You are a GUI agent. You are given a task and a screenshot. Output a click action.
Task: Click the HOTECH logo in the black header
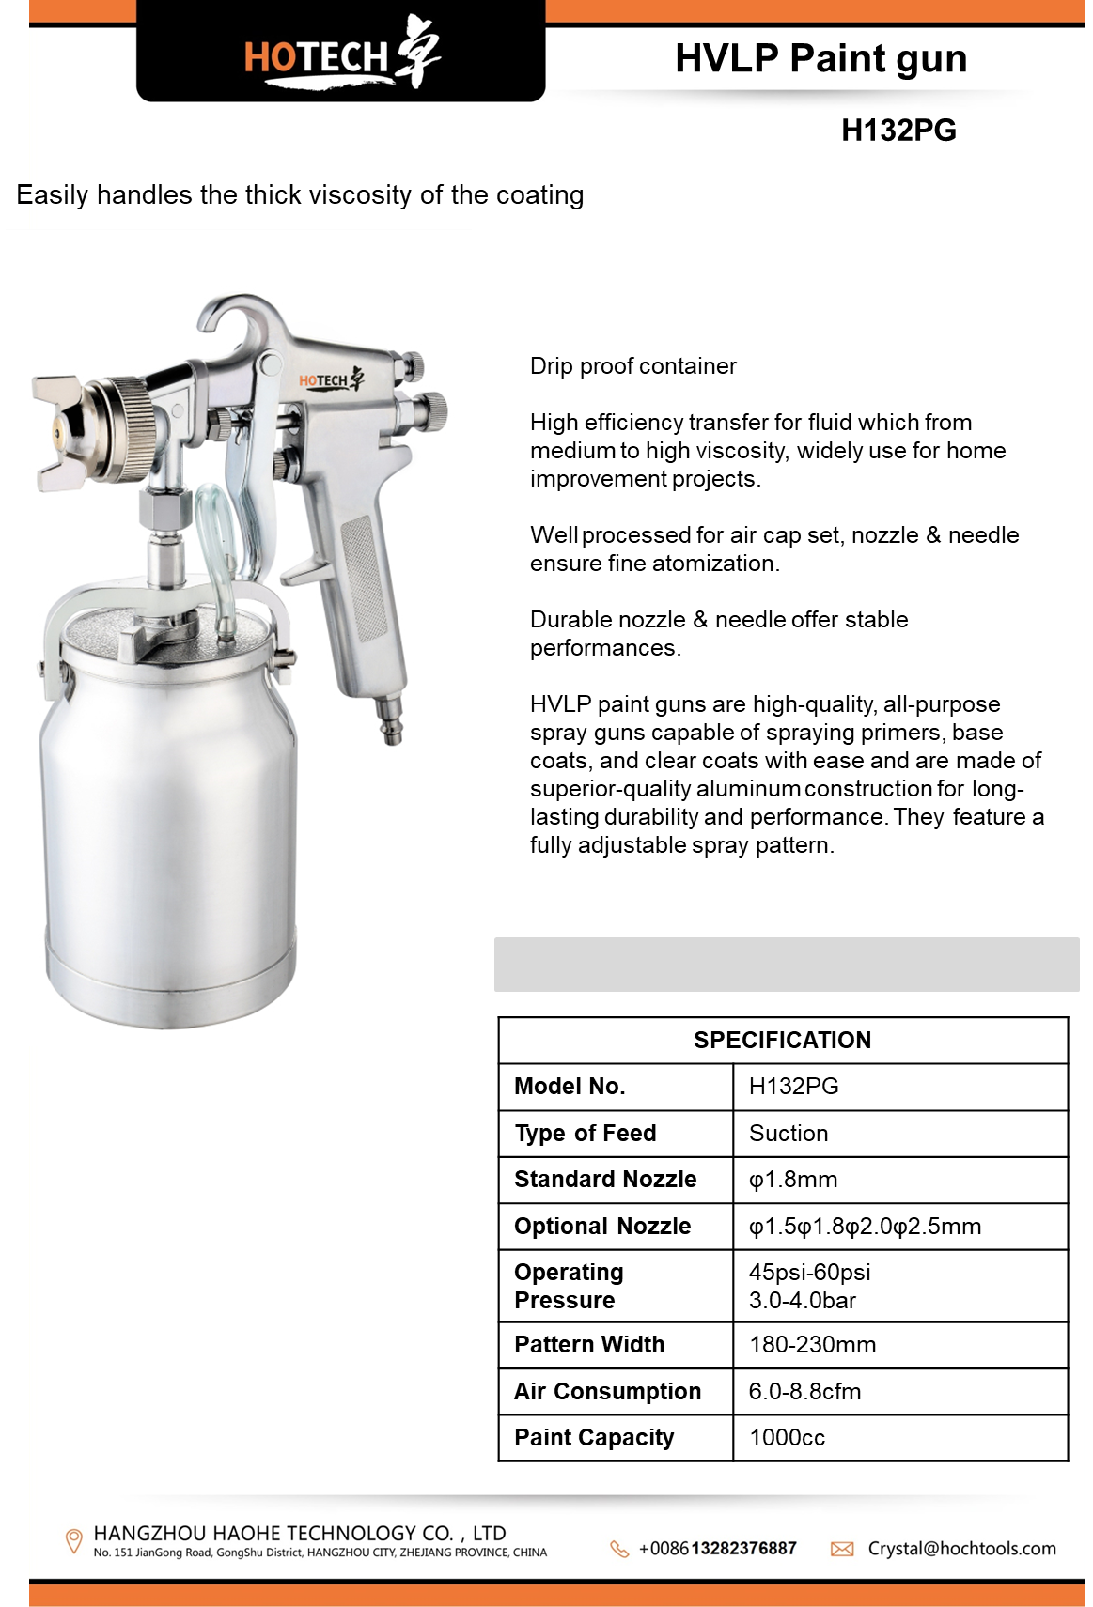coord(341,54)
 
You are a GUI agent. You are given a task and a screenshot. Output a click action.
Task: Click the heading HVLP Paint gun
coord(820,58)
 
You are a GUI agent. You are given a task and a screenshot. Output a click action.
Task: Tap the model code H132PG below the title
coord(898,130)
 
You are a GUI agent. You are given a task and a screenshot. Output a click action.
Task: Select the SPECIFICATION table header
coord(782,1040)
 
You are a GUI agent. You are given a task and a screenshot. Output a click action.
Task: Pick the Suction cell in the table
coord(789,1133)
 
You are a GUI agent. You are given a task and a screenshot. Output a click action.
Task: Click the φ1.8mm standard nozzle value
coord(792,1180)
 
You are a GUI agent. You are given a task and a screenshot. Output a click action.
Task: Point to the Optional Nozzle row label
coord(602,1226)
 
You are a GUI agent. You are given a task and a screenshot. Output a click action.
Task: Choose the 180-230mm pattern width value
coord(812,1345)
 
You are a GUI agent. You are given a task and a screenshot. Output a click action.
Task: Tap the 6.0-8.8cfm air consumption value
coord(804,1391)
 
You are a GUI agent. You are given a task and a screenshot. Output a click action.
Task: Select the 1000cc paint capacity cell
coord(787,1438)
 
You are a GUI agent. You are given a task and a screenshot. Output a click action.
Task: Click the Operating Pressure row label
coord(569,1286)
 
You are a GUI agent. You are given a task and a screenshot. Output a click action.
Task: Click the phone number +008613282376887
coord(717,1548)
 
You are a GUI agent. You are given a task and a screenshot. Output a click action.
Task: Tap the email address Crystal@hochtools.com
coord(961,1548)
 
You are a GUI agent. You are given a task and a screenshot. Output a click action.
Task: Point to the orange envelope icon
coord(842,1549)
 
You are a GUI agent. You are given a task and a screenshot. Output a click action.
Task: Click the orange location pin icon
coord(73,1541)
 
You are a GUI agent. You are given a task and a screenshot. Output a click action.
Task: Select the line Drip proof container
coord(632,366)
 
